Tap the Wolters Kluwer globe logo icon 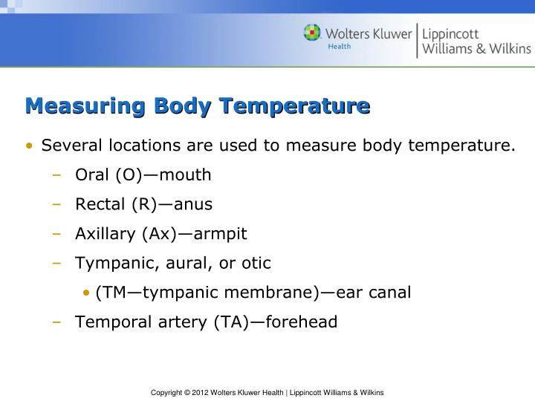pos(312,33)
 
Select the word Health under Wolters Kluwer pos(340,46)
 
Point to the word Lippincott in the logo pos(451,34)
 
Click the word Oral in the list pos(92,175)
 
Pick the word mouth pos(186,175)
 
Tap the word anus pos(193,203)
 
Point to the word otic pos(255,263)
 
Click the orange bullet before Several pos(29,146)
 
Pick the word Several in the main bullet pos(71,145)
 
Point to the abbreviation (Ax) pos(158,233)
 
